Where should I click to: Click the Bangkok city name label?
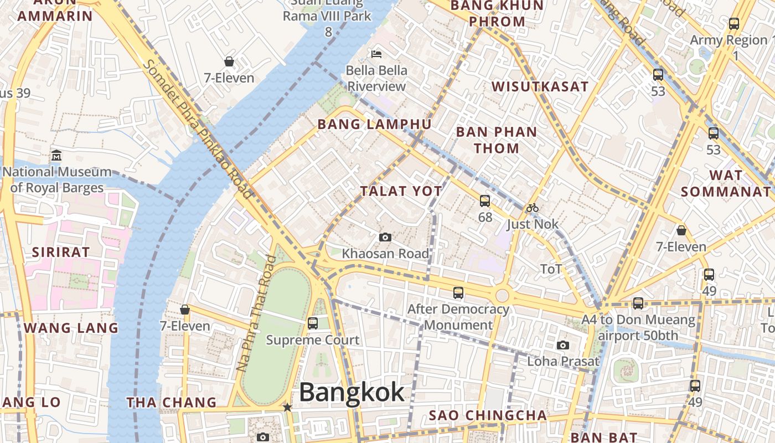pyautogui.click(x=352, y=393)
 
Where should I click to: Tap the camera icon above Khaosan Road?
pyautogui.click(x=385, y=238)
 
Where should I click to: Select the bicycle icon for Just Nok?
pyautogui.click(x=533, y=208)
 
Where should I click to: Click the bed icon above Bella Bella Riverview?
pyautogui.click(x=376, y=54)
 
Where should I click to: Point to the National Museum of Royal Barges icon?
pyautogui.click(x=56, y=156)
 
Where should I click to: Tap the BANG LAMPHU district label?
pyautogui.click(x=374, y=124)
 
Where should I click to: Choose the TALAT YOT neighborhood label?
pyautogui.click(x=401, y=192)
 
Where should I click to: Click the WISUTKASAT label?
pyautogui.click(x=540, y=86)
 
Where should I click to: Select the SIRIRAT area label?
pyautogui.click(x=60, y=252)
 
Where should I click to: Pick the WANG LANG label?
pyautogui.click(x=71, y=328)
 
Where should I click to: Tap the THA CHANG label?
pyautogui.click(x=172, y=403)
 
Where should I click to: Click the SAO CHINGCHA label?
pyautogui.click(x=488, y=415)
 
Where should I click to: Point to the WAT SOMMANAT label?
pyautogui.click(x=725, y=184)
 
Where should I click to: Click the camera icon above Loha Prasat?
pyautogui.click(x=563, y=345)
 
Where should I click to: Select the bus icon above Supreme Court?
pyautogui.click(x=313, y=323)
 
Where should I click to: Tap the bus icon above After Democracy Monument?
pyautogui.click(x=458, y=293)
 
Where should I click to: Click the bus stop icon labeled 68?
pyautogui.click(x=485, y=201)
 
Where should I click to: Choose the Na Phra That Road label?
pyautogui.click(x=256, y=313)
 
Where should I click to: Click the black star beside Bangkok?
pyautogui.click(x=287, y=408)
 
